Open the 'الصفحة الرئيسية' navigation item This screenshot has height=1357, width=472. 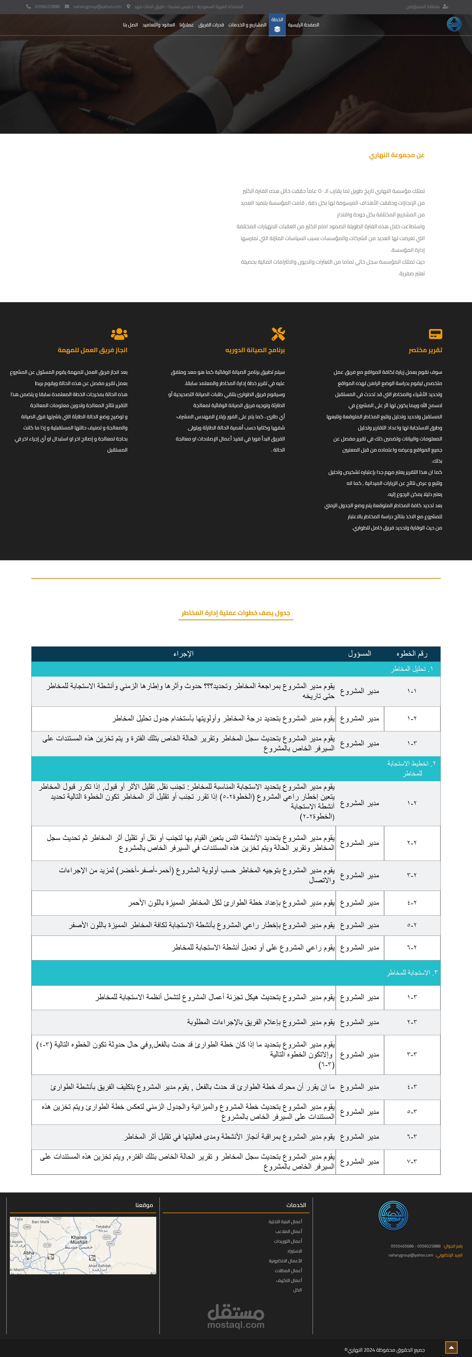(303, 25)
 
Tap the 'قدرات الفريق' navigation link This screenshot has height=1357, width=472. (211, 25)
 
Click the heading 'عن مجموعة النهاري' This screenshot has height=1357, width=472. (397, 155)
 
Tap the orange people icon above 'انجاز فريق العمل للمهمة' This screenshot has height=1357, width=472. (119, 333)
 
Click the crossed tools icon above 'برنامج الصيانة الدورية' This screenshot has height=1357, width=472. (278, 333)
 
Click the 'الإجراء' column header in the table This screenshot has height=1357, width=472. (183, 654)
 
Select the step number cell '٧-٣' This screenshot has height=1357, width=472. (412, 1161)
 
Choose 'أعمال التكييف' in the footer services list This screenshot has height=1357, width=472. (289, 1280)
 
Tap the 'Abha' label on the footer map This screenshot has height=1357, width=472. (29, 1253)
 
